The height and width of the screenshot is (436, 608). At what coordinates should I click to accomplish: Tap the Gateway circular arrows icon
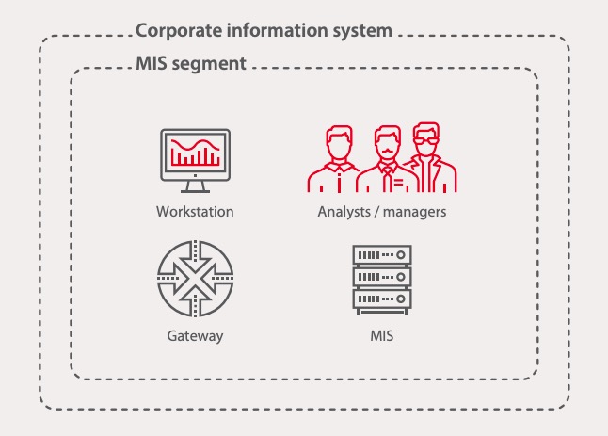pyautogui.click(x=194, y=280)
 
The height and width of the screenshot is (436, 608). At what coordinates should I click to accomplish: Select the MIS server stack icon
pyautogui.click(x=381, y=280)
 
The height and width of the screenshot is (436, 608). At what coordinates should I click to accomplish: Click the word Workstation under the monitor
pyautogui.click(x=195, y=212)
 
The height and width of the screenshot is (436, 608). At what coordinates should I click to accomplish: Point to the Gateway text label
pyautogui.click(x=195, y=335)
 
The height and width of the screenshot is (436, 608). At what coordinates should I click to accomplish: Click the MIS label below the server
pyautogui.click(x=382, y=335)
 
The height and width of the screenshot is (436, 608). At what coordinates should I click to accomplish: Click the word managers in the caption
pyautogui.click(x=413, y=212)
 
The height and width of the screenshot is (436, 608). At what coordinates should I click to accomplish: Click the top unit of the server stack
pyautogui.click(x=381, y=256)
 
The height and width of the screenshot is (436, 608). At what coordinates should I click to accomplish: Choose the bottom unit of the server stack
pyautogui.click(x=381, y=302)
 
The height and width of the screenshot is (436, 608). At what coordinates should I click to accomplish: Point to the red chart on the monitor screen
pyautogui.click(x=194, y=152)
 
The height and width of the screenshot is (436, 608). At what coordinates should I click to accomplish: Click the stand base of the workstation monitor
pyautogui.click(x=194, y=188)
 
